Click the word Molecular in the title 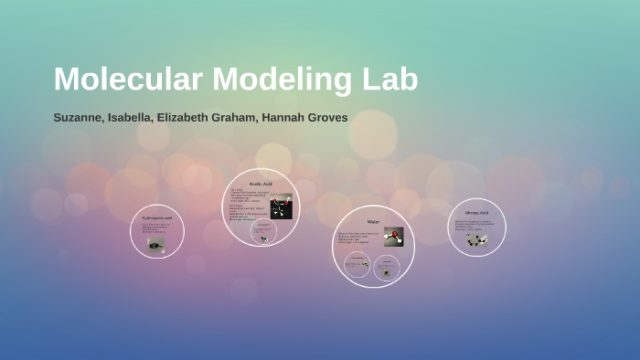[x=128, y=79]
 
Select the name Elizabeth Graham [x=202, y=118]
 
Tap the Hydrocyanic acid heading [x=156, y=218]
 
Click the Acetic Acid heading [x=261, y=184]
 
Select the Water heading [x=373, y=222]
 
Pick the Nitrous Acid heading [x=476, y=213]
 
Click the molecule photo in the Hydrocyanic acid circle [x=156, y=244]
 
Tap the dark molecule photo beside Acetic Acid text [x=281, y=206]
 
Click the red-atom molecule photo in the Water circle [x=393, y=237]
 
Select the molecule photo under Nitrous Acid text [x=476, y=240]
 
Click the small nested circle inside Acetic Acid [x=265, y=234]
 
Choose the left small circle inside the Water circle [x=357, y=265]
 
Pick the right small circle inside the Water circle [x=387, y=266]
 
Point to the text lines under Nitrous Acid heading [x=474, y=225]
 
